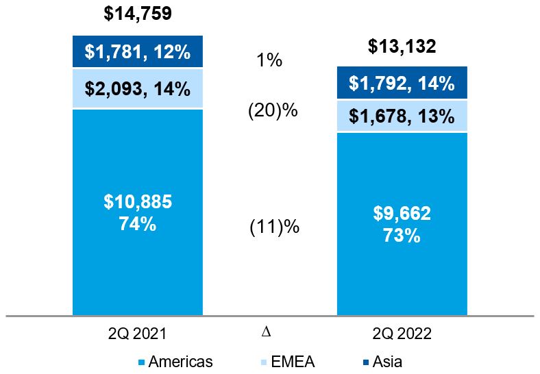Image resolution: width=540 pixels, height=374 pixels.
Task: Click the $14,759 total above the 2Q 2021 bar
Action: [138, 12]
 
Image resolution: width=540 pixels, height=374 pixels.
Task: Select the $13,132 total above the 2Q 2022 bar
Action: [402, 46]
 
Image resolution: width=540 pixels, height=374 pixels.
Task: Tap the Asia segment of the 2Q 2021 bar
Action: [138, 51]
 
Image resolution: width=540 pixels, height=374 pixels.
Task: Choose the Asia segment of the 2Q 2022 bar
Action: [402, 84]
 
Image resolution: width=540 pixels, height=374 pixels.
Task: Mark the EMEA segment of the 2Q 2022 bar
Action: [402, 116]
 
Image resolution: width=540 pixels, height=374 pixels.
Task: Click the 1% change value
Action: [269, 60]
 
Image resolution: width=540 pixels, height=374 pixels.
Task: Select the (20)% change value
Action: [272, 110]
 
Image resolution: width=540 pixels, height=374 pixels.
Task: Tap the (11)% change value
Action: [273, 227]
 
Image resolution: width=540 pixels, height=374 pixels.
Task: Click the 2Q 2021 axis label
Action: [138, 334]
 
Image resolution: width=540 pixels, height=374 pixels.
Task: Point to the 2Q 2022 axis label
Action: [402, 334]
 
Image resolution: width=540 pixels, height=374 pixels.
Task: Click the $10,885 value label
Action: [138, 202]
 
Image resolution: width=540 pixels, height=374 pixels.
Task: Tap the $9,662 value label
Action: [402, 214]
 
